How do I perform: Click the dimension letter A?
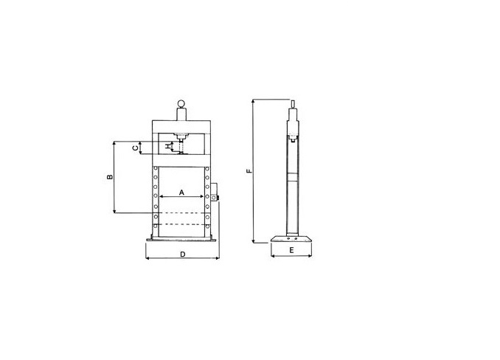coord(181,193)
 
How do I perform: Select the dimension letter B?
coord(110,176)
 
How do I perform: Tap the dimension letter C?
coord(136,148)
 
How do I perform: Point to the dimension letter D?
coord(183,254)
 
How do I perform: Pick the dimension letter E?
coord(291,250)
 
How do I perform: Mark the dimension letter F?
coord(249,170)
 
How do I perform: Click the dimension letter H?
coord(168,146)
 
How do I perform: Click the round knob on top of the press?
coord(181,103)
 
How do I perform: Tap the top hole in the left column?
coord(156,168)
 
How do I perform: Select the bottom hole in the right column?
coord(207,226)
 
